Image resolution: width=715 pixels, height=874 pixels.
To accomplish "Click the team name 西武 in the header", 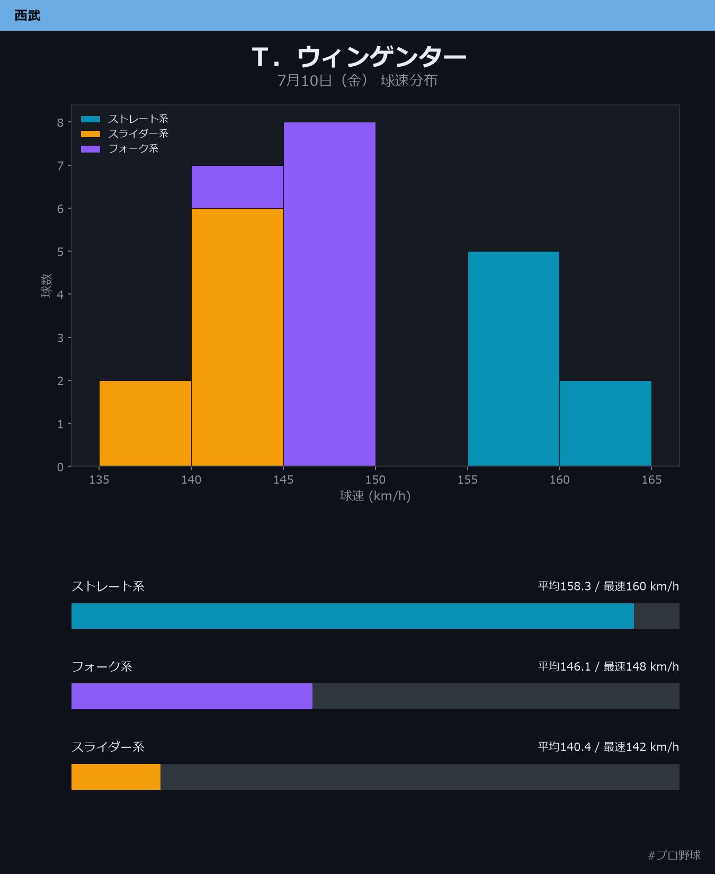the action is point(28,15).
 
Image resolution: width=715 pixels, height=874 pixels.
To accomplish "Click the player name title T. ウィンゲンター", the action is point(359,57).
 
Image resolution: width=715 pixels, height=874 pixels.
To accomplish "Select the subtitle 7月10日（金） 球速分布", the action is point(358,81).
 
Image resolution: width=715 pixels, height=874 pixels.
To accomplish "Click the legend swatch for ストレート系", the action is point(91,119).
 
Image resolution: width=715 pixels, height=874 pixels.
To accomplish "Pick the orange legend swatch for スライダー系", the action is point(91,134).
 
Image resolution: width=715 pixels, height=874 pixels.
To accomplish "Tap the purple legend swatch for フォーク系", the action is point(91,149).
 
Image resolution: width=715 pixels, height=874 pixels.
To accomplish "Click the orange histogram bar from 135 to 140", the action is point(145,423).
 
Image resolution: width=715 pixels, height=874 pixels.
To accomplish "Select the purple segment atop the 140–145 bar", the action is point(237,187).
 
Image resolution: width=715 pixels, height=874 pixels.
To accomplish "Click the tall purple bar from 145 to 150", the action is point(329,294).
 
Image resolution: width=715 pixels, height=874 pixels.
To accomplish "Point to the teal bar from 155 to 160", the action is point(514,359).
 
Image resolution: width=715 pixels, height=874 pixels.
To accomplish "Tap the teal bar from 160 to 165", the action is point(605,423).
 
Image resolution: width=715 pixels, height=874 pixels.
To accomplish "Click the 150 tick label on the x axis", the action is point(376,480).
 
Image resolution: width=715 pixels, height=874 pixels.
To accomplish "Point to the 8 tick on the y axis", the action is point(61,122).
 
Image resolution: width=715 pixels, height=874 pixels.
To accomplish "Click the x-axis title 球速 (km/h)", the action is point(376,496).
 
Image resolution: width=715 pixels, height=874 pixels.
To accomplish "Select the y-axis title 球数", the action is point(47,286).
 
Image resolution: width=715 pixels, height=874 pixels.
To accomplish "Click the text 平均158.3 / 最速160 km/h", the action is point(609,586).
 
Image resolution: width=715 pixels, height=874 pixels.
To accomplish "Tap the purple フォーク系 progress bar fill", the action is point(192,696).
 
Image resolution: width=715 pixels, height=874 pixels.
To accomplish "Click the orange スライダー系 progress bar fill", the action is point(116,777).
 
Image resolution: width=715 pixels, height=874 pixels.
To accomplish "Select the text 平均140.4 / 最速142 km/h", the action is point(609,747).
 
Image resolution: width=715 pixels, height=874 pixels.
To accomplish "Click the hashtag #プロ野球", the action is point(674,855).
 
